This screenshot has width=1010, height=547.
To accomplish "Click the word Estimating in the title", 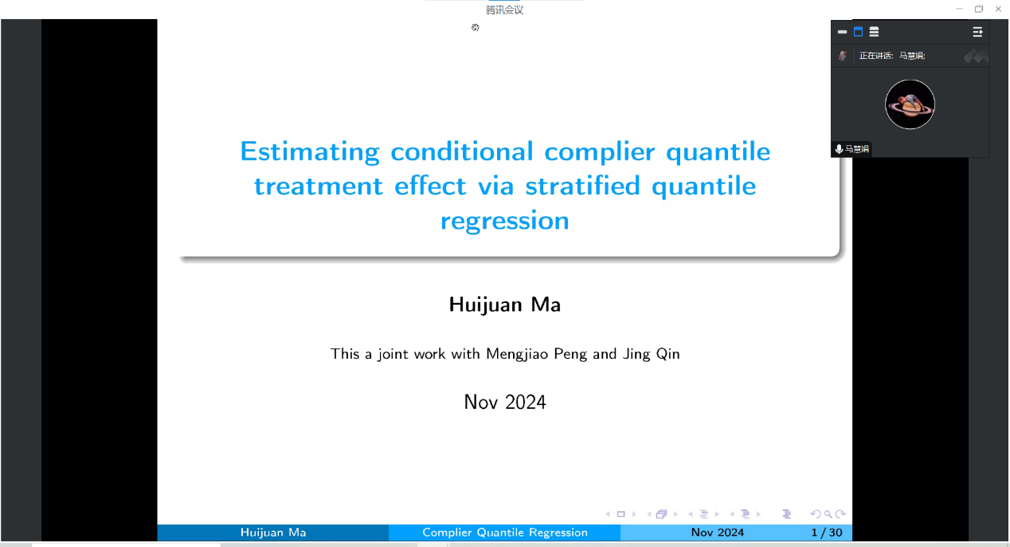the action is click(x=310, y=152).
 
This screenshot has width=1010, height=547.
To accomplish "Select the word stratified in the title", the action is click(x=582, y=186).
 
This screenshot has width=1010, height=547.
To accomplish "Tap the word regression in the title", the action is click(x=504, y=221).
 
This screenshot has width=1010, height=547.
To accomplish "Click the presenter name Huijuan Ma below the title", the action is click(x=504, y=305).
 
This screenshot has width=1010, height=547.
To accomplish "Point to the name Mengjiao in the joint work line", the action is click(x=517, y=354).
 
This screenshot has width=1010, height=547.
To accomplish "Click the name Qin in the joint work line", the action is click(x=667, y=354).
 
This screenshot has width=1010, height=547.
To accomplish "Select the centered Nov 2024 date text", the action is click(x=504, y=402).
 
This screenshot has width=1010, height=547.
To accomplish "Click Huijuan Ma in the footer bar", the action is click(x=273, y=533).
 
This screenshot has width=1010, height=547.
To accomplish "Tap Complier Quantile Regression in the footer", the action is click(x=504, y=533).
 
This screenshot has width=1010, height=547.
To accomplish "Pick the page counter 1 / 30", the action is click(x=827, y=533).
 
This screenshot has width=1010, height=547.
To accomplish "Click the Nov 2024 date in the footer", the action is click(x=718, y=533).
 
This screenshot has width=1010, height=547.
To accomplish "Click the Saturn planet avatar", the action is click(x=910, y=104).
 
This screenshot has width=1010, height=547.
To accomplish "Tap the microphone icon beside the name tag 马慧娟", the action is click(x=839, y=149).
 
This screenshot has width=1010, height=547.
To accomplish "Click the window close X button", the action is click(x=998, y=9).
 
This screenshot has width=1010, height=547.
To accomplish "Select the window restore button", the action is click(x=978, y=9).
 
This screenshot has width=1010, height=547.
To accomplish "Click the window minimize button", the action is click(x=959, y=9).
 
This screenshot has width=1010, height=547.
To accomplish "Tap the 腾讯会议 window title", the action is click(x=504, y=10).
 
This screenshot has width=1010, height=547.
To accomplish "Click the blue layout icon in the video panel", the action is click(x=858, y=32).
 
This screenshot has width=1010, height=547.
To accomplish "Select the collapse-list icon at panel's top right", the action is click(x=977, y=32).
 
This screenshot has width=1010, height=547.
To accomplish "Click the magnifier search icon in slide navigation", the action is click(x=828, y=514).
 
